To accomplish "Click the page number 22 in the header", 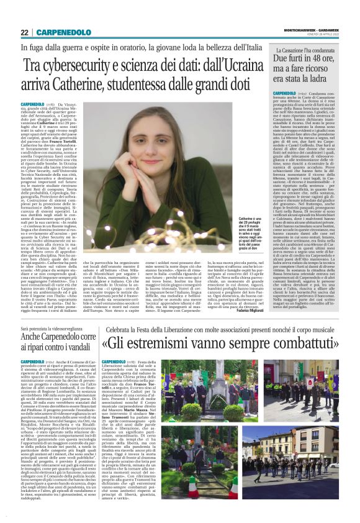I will pos(24,32).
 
